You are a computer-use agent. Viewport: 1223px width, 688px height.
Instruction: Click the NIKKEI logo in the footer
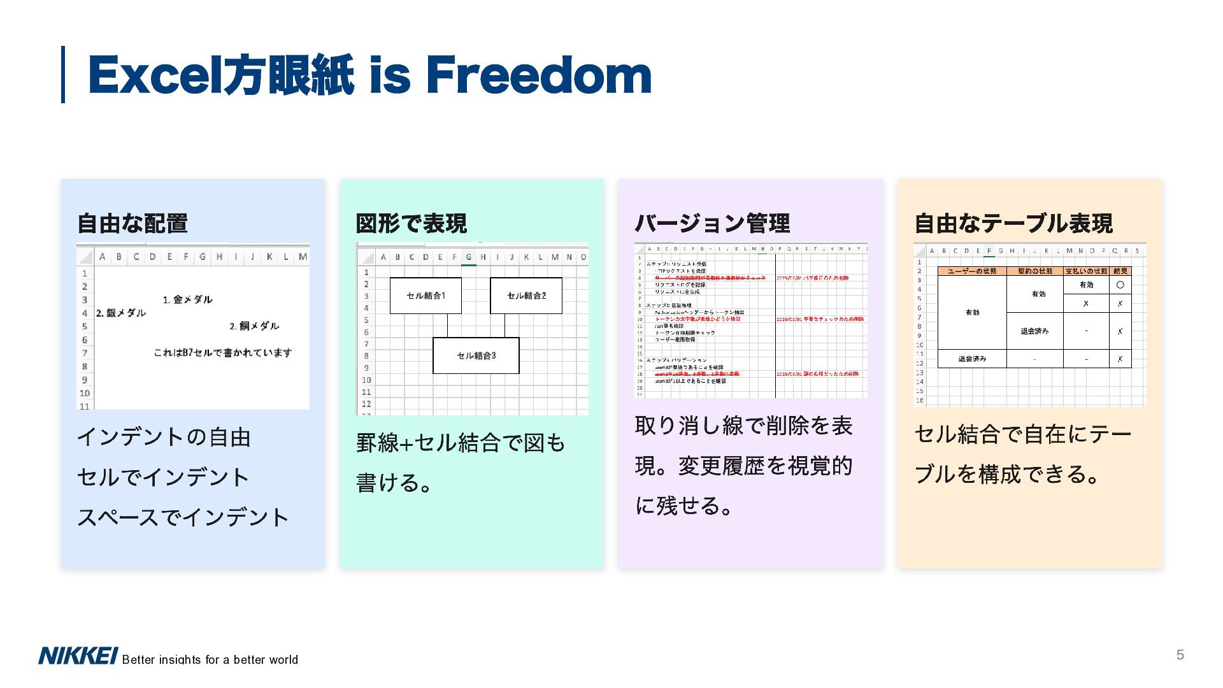click(78, 656)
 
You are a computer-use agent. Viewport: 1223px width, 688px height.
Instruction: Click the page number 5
click(1180, 655)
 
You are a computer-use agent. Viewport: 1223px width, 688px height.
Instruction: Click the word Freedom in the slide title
click(538, 75)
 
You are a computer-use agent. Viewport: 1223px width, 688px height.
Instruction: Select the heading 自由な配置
click(132, 224)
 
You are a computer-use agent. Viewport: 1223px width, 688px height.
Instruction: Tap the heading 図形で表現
click(411, 224)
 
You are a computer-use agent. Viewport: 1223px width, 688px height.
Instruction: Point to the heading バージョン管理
click(712, 224)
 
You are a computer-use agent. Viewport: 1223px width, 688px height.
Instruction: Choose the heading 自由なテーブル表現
click(1013, 224)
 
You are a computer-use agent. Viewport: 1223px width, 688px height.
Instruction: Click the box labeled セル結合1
click(426, 296)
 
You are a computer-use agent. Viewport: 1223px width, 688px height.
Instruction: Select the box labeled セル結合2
click(526, 296)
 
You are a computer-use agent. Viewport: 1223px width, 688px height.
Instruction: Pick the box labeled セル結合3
click(476, 355)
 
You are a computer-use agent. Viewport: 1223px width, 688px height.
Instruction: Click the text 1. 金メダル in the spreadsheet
click(187, 299)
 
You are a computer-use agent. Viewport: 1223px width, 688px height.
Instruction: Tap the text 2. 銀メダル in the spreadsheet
click(121, 313)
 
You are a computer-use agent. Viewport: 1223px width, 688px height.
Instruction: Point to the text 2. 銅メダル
click(254, 326)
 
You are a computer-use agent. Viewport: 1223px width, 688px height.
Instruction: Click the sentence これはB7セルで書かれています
click(223, 353)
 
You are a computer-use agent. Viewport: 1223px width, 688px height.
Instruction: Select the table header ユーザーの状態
click(972, 271)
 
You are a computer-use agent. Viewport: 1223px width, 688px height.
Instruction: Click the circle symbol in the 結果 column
click(1120, 285)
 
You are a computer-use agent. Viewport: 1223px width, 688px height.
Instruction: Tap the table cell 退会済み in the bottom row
click(972, 359)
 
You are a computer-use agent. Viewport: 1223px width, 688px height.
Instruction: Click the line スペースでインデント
click(183, 517)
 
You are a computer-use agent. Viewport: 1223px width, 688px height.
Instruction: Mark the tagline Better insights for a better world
click(210, 660)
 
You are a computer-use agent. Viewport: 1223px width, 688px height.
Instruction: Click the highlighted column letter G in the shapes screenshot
click(469, 257)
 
